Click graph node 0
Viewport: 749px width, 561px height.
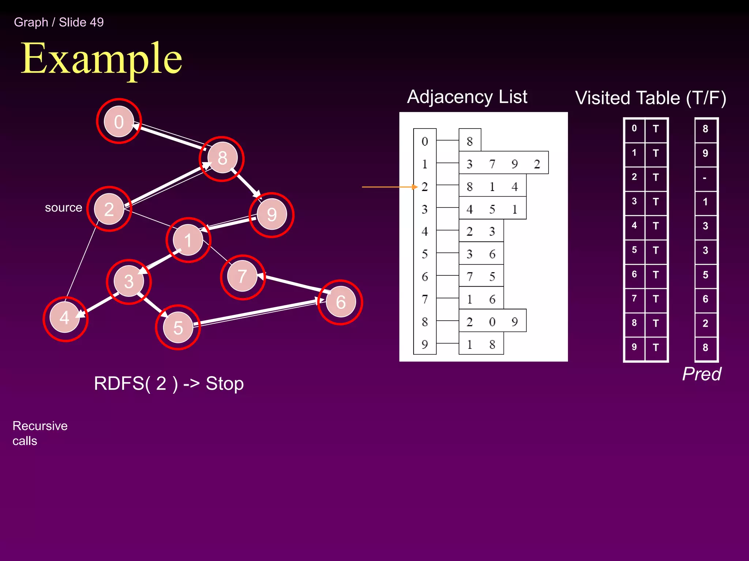[119, 122]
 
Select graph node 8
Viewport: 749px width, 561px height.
[222, 158]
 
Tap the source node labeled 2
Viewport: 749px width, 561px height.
[109, 209]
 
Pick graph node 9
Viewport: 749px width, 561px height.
[271, 214]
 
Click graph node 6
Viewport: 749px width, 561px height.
[340, 302]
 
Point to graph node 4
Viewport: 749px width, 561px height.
[65, 318]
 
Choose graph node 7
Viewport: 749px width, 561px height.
[242, 276]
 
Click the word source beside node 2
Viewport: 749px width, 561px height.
[63, 207]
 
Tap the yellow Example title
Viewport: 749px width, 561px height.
[101, 58]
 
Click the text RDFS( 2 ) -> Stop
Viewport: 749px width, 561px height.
[169, 383]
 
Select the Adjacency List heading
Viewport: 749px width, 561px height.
[467, 97]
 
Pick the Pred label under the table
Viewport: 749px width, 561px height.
[701, 374]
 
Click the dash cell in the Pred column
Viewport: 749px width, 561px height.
[705, 178]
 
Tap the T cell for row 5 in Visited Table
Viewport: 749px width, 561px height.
[656, 251]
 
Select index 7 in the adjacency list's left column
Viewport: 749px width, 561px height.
[425, 299]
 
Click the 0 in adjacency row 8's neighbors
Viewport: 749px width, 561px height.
[492, 322]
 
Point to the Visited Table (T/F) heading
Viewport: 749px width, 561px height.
[650, 98]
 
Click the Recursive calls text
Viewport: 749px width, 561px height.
[40, 433]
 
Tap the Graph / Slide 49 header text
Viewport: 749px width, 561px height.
[59, 22]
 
